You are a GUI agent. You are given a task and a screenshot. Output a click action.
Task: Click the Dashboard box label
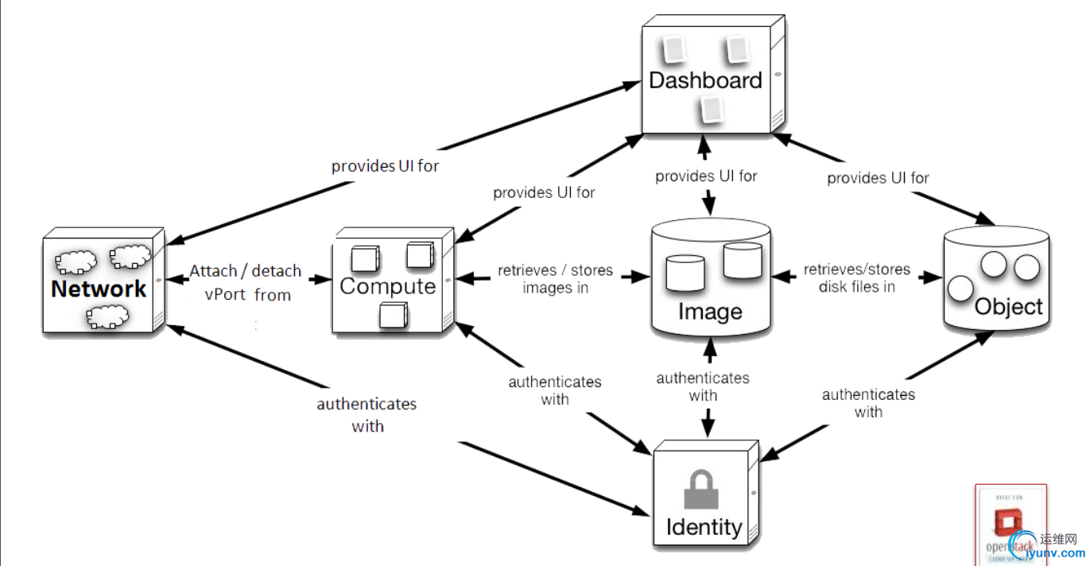coord(705,80)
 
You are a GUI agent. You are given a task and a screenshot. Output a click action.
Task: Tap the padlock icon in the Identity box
coord(702,489)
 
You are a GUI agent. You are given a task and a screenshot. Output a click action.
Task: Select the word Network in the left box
coord(99,289)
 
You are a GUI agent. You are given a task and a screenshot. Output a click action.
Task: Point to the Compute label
coord(388,286)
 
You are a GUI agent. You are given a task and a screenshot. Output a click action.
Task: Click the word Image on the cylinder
coord(709,312)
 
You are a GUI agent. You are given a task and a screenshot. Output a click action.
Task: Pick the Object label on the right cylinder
coord(1008,307)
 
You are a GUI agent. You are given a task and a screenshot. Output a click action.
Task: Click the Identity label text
coord(704,526)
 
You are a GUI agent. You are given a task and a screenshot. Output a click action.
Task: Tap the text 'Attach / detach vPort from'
coord(245,283)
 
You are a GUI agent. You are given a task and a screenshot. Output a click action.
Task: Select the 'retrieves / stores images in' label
coord(555,279)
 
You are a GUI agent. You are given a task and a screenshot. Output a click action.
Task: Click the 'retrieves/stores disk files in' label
coord(857,278)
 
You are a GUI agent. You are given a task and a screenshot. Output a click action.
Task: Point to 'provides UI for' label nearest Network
coord(386,166)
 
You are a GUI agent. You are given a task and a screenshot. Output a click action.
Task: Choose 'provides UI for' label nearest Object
coord(878,178)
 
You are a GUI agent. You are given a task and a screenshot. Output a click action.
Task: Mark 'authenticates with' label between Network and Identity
coord(367,415)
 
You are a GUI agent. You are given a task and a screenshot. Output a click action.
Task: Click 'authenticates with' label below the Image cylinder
coord(703,386)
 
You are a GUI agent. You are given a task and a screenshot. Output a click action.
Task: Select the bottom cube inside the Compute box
coord(393,315)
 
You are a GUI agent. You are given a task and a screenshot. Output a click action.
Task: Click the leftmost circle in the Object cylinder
coord(962,288)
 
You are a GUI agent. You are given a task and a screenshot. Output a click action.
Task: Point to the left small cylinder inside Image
coord(685,272)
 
